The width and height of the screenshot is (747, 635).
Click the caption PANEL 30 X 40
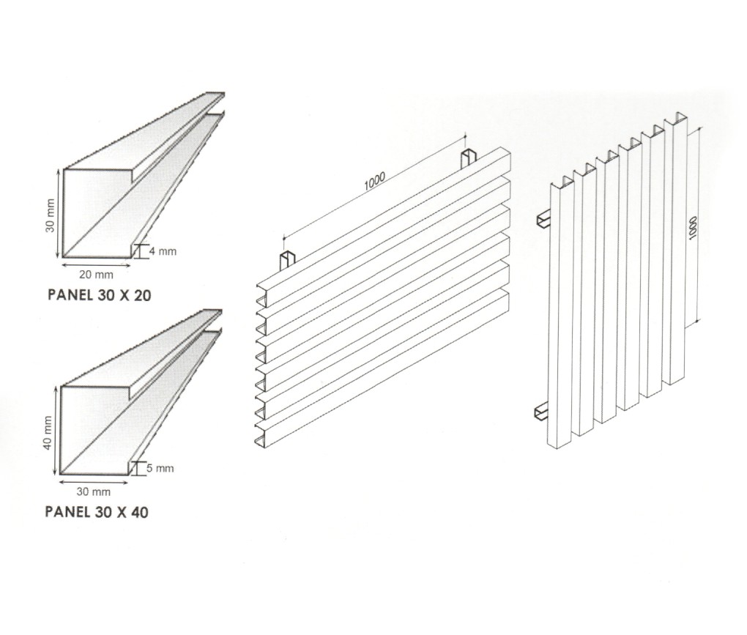[96, 512]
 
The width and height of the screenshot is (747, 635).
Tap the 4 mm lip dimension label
[162, 251]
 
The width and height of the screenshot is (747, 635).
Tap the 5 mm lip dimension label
[162, 468]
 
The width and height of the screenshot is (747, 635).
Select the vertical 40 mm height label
[48, 432]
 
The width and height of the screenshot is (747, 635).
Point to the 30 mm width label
[93, 491]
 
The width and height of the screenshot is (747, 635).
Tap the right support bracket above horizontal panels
[468, 160]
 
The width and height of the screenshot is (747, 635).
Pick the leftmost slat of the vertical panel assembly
[561, 315]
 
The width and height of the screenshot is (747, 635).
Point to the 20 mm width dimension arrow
[95, 263]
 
